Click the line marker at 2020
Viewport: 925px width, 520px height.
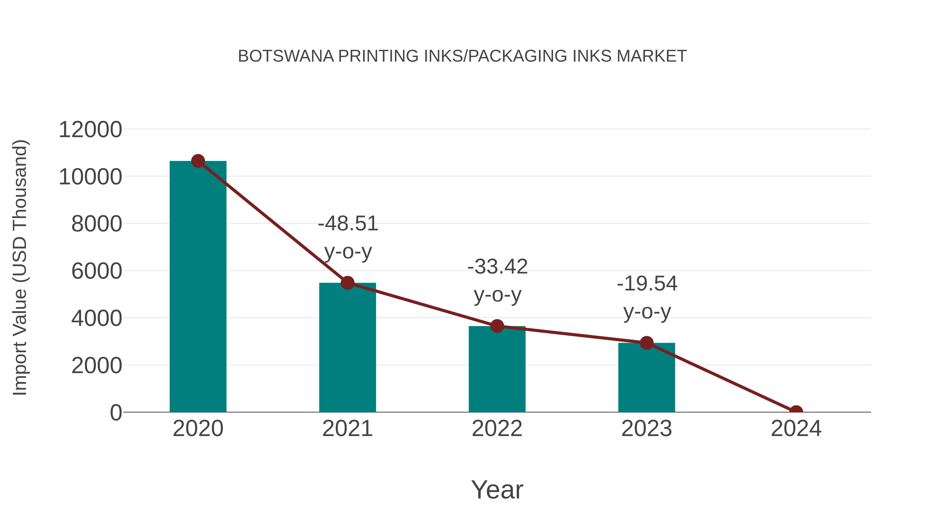coord(198,161)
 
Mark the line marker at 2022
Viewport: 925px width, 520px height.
coord(497,326)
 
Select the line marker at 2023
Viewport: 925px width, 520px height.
coord(646,343)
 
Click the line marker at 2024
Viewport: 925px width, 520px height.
coord(796,411)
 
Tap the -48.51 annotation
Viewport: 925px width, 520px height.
coord(348,224)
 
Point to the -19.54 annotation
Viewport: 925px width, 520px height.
coord(647,284)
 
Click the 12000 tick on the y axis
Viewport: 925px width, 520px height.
coord(90,130)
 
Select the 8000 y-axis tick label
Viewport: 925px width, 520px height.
coord(97,224)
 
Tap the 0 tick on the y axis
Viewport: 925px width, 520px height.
coord(116,413)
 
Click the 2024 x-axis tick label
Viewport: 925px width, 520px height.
coord(796,429)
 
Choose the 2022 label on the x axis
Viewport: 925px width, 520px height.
coord(497,429)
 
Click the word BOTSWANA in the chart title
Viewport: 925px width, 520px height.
coord(286,56)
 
